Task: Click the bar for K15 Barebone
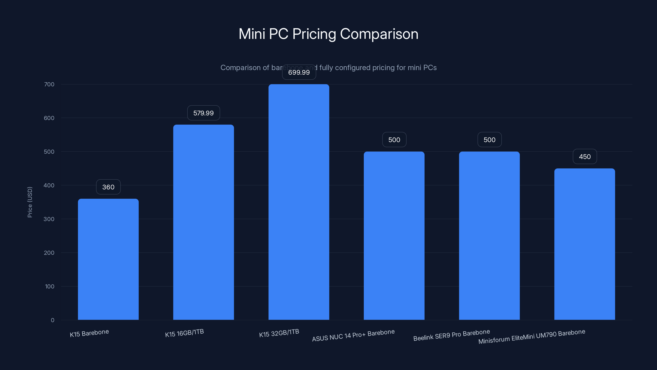108,259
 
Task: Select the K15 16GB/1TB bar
203,222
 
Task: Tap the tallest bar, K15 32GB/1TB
299,202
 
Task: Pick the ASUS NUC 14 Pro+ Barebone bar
394,235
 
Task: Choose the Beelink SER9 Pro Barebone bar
489,235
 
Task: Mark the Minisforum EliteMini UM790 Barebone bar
585,244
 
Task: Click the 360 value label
108,187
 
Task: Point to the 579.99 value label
203,113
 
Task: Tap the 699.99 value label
299,72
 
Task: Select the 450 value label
585,156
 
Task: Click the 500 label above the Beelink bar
489,140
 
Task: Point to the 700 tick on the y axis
49,84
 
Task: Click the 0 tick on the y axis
53,320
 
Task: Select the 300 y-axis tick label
49,219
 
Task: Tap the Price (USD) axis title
30,202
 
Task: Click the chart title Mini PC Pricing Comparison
328,34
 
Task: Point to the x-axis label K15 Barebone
89,333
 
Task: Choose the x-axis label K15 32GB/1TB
279,333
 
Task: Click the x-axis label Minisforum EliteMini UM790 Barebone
532,336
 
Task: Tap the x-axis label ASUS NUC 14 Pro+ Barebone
353,335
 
